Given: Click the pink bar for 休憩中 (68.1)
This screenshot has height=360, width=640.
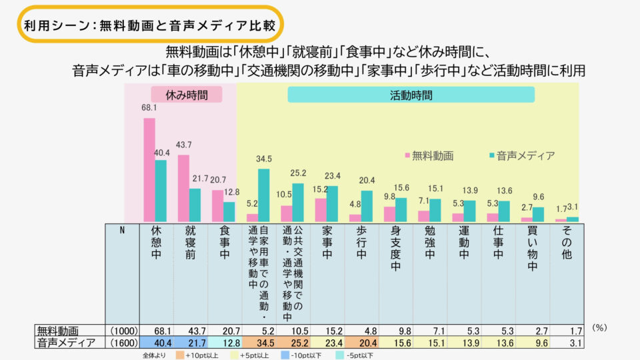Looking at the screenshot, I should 149,170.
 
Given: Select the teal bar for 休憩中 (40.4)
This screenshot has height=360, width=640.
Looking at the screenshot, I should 161,191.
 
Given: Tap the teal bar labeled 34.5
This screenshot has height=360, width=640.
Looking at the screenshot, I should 263,195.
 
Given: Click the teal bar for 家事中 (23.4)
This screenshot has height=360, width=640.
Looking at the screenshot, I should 332,203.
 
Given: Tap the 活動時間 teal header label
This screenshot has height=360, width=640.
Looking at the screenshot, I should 411,95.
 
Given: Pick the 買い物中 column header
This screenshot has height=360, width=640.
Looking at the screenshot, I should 532,247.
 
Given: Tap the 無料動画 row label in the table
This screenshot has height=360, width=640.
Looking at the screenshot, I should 59,331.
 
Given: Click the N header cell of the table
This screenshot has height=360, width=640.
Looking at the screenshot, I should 122,230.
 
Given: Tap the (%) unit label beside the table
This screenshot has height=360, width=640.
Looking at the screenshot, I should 600,328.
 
